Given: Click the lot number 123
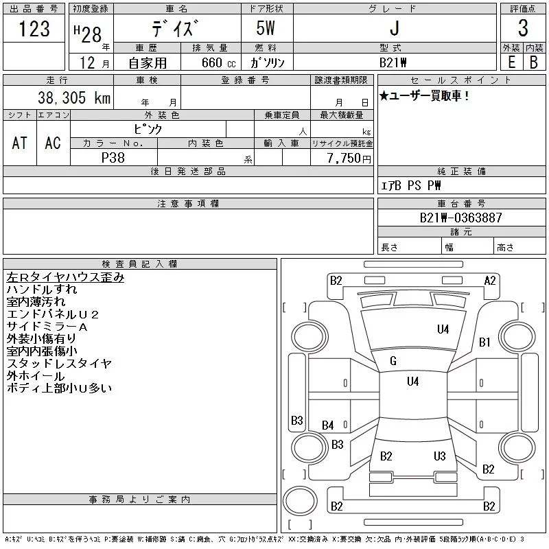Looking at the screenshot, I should point(34,29).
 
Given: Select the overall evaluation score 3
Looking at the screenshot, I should point(522,29).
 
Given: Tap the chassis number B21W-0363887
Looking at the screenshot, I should point(461,218).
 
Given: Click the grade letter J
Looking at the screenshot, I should point(393,29).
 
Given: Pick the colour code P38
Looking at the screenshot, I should point(113,157).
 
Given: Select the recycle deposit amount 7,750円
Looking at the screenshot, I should point(349,158).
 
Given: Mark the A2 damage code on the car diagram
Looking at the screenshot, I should point(490,280).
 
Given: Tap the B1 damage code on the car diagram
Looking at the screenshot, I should point(484,342).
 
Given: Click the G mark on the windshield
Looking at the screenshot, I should point(393,361).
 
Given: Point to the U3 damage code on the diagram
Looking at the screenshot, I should point(440,456).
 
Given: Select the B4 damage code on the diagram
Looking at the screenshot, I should point(328,425).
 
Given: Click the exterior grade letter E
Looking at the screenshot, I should point(510,62).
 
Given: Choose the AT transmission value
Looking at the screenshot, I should point(20,143).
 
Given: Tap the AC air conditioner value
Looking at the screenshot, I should point(53,143).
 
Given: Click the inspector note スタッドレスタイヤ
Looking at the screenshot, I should point(59,364).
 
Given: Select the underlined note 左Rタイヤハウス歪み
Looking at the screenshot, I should point(65,278).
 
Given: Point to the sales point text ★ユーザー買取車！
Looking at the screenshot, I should point(424,96).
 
